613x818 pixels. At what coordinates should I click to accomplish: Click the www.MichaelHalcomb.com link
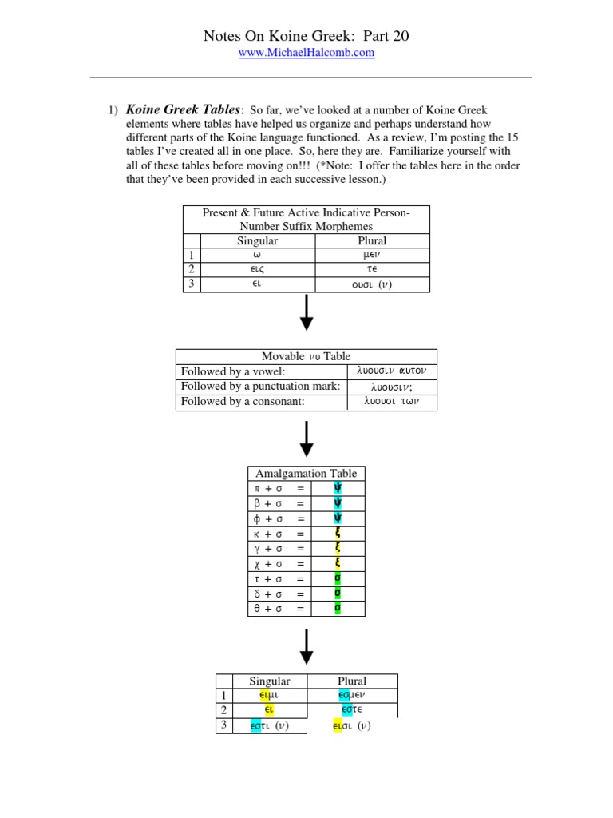306,53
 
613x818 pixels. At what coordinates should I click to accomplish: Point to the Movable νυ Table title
306,356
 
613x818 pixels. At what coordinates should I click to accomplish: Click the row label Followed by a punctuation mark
260,387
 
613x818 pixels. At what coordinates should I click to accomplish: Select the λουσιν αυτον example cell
392,371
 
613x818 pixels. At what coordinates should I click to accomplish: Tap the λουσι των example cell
392,402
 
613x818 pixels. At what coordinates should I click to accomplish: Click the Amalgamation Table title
306,474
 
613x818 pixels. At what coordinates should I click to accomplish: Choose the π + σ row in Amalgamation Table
279,489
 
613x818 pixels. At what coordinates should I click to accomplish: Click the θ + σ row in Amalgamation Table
279,609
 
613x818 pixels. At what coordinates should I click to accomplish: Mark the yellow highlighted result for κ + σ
338,534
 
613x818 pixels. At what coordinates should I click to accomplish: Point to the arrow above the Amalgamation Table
306,439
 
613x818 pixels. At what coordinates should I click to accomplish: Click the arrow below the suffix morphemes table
306,313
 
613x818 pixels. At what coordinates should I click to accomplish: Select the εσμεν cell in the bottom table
352,696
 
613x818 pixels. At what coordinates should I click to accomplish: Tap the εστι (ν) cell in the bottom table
269,726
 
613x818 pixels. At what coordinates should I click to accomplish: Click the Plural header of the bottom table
352,681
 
